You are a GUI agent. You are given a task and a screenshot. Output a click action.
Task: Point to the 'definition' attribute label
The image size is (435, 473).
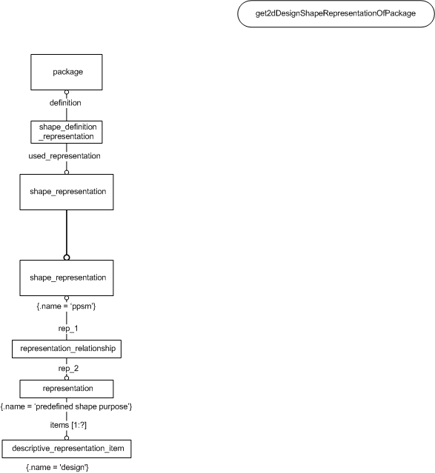pyautogui.click(x=65, y=103)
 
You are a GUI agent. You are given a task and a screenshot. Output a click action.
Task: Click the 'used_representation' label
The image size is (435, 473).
pyautogui.click(x=64, y=156)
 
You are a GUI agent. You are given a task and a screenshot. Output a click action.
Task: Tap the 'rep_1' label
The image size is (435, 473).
pyautogui.click(x=68, y=328)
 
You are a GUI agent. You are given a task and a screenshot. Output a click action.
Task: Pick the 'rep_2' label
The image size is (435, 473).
pyautogui.click(x=68, y=369)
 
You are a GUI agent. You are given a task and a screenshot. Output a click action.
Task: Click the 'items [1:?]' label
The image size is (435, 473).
pyautogui.click(x=68, y=425)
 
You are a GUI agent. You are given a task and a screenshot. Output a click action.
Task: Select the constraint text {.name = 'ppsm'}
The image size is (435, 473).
pyautogui.click(x=66, y=306)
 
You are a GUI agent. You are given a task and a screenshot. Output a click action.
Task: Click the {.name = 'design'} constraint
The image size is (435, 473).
pyautogui.click(x=57, y=467)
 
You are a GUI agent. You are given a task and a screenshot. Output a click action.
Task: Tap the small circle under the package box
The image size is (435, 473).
pyautogui.click(x=67, y=92)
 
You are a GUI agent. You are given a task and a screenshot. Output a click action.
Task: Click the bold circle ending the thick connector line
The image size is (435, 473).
pyautogui.click(x=67, y=258)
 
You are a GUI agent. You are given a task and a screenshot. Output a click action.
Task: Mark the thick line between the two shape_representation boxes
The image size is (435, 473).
pyautogui.click(x=67, y=232)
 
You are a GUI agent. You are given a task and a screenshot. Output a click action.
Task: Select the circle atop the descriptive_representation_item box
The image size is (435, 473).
pyautogui.click(x=67, y=437)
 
